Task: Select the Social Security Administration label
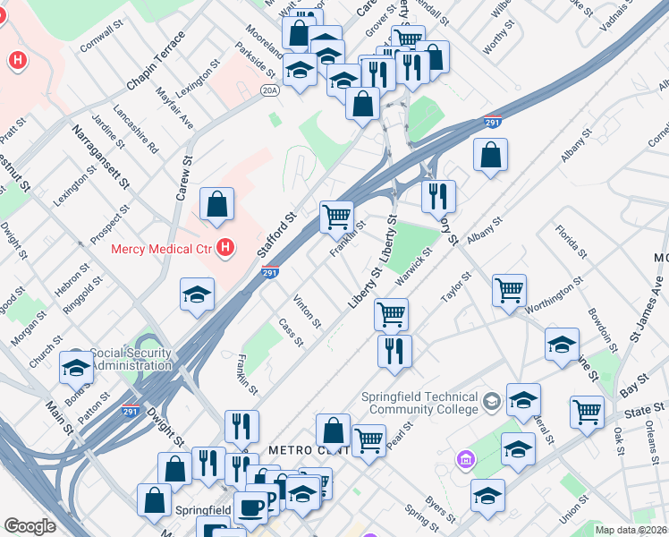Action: tap(130, 359)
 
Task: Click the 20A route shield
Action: tap(270, 89)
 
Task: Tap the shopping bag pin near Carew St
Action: tap(217, 205)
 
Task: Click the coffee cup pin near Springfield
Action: tap(250, 507)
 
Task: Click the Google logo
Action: tap(30, 526)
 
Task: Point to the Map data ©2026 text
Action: tap(630, 530)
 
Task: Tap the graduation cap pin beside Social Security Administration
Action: tap(76, 368)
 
